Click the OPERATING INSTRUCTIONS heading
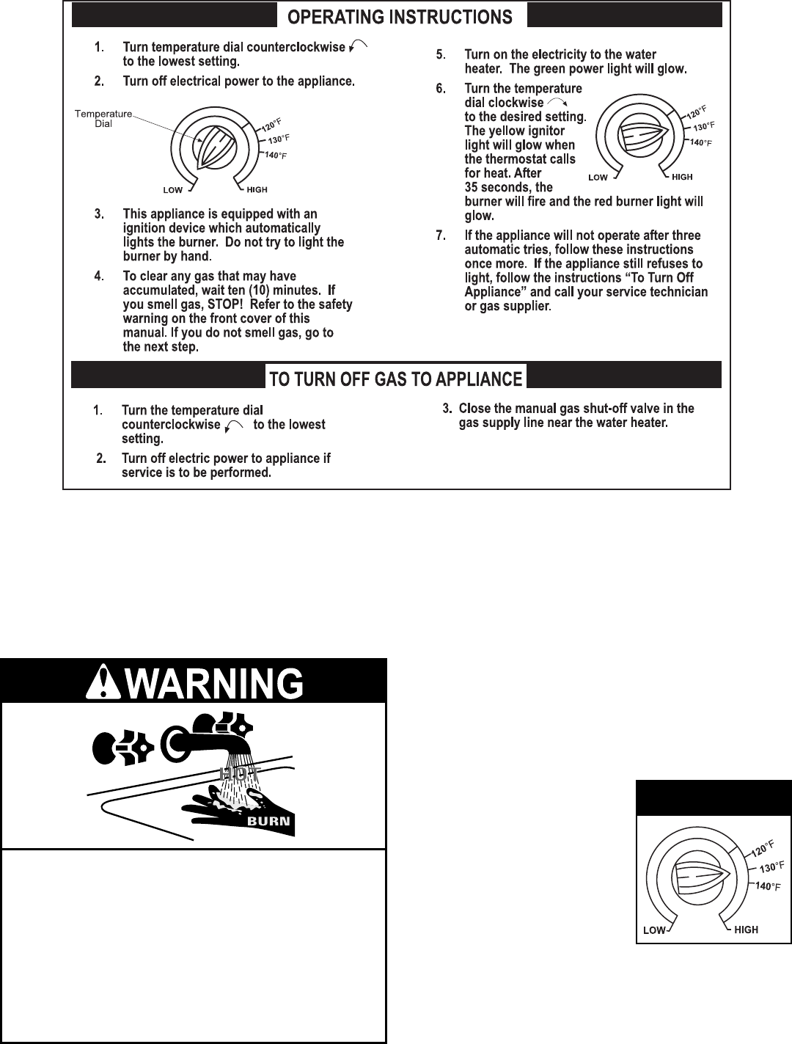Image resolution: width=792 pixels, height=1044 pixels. [400, 17]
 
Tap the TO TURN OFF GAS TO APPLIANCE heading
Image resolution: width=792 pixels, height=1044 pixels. [396, 379]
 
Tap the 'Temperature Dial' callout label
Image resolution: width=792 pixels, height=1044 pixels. [103, 118]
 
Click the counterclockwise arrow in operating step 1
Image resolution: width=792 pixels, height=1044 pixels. [359, 47]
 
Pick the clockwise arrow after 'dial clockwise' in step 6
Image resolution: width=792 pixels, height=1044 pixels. [557, 103]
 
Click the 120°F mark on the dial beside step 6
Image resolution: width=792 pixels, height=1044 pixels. [695, 112]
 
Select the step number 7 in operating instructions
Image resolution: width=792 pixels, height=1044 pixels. [441, 236]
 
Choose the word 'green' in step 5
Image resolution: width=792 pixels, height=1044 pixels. [559, 70]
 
